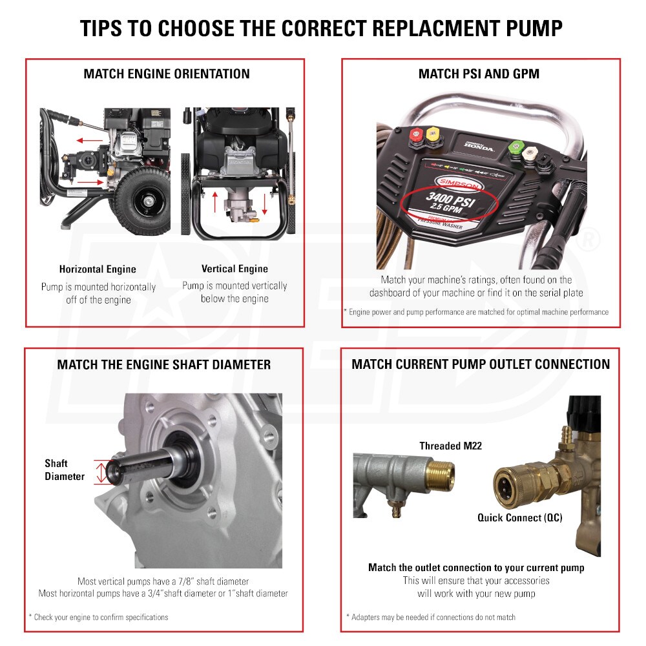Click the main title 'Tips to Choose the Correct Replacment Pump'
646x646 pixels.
pyautogui.click(x=321, y=28)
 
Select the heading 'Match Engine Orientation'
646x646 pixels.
pyautogui.click(x=166, y=74)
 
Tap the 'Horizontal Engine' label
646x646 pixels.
pyautogui.click(x=98, y=269)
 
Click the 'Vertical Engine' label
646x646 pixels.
pyautogui.click(x=234, y=269)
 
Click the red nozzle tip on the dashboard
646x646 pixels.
pyautogui.click(x=415, y=135)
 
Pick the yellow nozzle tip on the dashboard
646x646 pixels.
pyautogui.click(x=433, y=134)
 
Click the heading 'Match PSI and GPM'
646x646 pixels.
pyautogui.click(x=479, y=74)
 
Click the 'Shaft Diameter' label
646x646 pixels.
pyautogui.click(x=64, y=470)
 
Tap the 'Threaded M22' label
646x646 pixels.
pyautogui.click(x=450, y=446)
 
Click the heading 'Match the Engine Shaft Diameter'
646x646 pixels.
pyautogui.click(x=163, y=364)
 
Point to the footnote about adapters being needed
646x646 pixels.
pyautogui.click(x=430, y=617)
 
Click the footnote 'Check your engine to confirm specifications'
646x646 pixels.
pyautogui.click(x=98, y=617)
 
